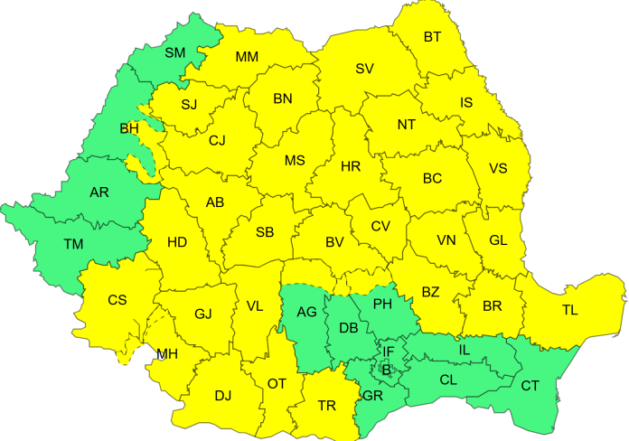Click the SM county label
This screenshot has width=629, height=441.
(174, 53)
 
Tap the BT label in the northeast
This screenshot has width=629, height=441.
(432, 37)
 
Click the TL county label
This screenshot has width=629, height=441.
(569, 309)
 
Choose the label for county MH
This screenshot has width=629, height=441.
(167, 353)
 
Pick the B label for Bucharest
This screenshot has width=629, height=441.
(387, 368)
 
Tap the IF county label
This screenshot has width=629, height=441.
(389, 352)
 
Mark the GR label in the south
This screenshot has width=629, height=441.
(372, 396)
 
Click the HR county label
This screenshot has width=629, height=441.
(351, 167)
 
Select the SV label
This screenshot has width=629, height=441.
(364, 69)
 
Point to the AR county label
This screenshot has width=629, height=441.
(99, 192)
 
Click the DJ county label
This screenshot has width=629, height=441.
(222, 394)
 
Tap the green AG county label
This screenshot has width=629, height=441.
(307, 312)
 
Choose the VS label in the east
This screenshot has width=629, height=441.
(498, 169)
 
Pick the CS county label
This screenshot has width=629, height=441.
(117, 300)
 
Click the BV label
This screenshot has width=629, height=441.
(334, 242)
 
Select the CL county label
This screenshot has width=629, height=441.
(448, 380)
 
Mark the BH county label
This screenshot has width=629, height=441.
(129, 129)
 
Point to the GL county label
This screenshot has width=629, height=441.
(498, 239)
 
